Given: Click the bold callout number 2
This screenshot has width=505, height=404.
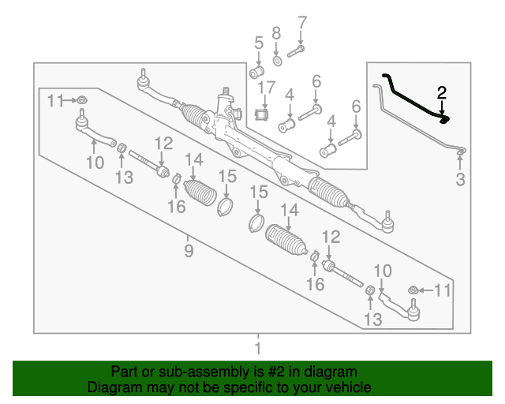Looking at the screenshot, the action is pyautogui.click(x=442, y=93).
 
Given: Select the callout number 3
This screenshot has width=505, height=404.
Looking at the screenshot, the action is pyautogui.click(x=460, y=179).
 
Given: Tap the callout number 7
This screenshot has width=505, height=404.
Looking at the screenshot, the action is pyautogui.click(x=302, y=23).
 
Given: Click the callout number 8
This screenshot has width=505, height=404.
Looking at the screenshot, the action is pyautogui.click(x=276, y=33).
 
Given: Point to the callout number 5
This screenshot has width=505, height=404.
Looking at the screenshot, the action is pyautogui.click(x=259, y=43).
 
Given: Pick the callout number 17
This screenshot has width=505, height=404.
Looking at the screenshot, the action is pyautogui.click(x=267, y=88).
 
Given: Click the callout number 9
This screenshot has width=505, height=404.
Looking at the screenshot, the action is pyautogui.click(x=189, y=250).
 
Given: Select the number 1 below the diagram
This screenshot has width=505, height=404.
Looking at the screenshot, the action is pyautogui.click(x=258, y=348).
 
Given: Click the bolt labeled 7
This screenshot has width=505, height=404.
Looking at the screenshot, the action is pyautogui.click(x=296, y=51).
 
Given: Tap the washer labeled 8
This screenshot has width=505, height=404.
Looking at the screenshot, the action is pyautogui.click(x=277, y=61).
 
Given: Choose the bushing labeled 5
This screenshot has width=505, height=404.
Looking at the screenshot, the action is pyautogui.click(x=256, y=72).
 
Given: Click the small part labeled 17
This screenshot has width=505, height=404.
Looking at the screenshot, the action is pyautogui.click(x=262, y=114).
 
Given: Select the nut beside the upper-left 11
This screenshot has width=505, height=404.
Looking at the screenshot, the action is pyautogui.click(x=82, y=100).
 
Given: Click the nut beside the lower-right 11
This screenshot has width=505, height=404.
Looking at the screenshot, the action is pyautogui.click(x=413, y=290).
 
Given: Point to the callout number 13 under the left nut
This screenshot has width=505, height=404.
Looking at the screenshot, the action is pyautogui.click(x=124, y=178).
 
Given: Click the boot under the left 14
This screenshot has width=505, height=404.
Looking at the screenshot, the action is pyautogui.click(x=200, y=193).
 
